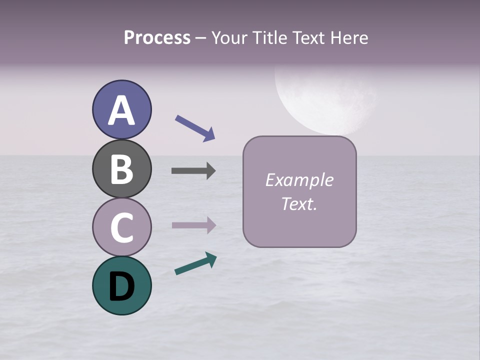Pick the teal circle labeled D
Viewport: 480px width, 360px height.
coord(121,285)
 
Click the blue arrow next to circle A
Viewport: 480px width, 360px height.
coord(195,127)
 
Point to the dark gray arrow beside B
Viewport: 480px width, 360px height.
coord(193,171)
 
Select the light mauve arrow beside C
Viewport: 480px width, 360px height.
coord(193,225)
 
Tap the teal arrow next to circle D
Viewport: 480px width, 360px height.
coord(195,263)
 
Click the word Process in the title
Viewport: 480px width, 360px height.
coord(157,38)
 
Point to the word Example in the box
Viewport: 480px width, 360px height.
coord(299,180)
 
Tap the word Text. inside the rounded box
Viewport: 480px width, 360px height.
coord(299,203)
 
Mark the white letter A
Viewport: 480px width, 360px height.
coord(121,110)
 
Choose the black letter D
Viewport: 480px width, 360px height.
coord(121,287)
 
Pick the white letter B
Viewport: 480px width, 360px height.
coord(121,169)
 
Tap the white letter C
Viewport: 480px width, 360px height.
coord(121,227)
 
